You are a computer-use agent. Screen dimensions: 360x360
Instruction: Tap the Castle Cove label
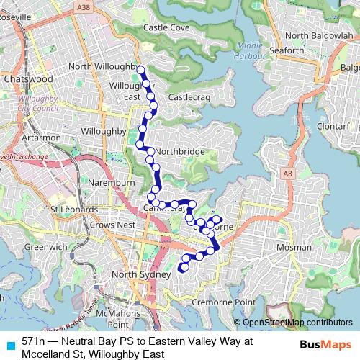pyautogui.click(x=166, y=27)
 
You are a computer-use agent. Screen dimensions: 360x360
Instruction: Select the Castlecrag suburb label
pyautogui.click(x=189, y=96)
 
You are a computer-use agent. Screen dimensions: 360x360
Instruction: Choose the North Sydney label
pyautogui.click(x=140, y=275)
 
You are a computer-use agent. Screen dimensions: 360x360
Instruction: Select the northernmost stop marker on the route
pyautogui.click(x=140, y=71)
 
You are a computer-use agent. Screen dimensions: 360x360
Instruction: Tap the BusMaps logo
pyautogui.click(x=325, y=343)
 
